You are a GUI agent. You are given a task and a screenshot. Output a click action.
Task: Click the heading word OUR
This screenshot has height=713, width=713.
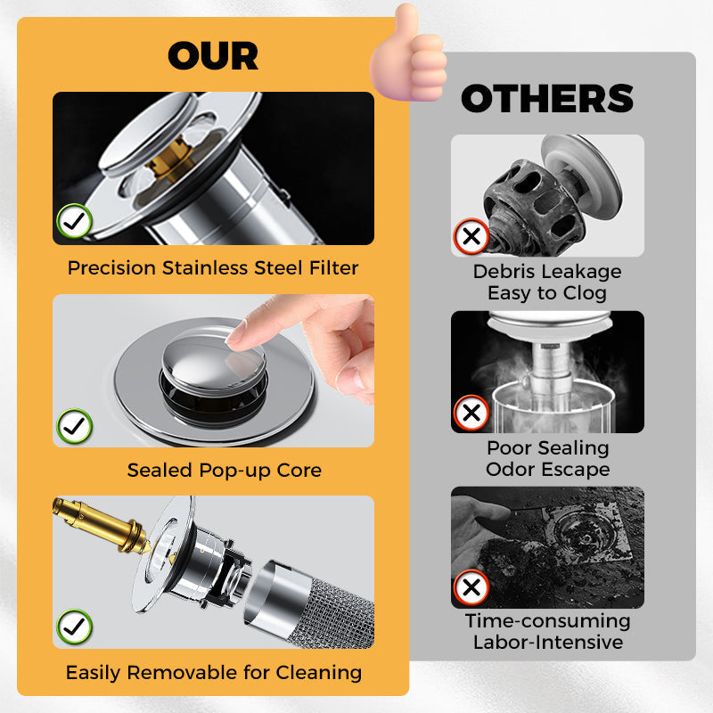[213, 56]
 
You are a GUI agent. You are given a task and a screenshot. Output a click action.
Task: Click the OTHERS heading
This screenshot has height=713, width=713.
[547, 99]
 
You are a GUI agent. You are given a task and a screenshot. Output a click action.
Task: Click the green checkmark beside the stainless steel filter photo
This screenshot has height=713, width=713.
[73, 220]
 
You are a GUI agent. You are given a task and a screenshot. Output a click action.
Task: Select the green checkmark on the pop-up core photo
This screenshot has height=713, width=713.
[74, 426]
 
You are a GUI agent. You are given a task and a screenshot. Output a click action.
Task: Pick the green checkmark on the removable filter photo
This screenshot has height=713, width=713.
[74, 627]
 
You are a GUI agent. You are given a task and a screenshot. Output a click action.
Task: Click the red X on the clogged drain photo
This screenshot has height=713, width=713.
[471, 237]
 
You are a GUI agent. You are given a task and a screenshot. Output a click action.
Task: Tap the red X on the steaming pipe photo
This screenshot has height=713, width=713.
[471, 414]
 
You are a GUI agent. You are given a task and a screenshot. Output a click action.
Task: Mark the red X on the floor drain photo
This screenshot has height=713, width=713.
[471, 588]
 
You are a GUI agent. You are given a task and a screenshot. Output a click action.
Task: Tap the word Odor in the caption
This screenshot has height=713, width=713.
[508, 469]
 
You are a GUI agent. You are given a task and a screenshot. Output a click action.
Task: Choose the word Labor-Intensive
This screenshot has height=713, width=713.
[547, 642]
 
